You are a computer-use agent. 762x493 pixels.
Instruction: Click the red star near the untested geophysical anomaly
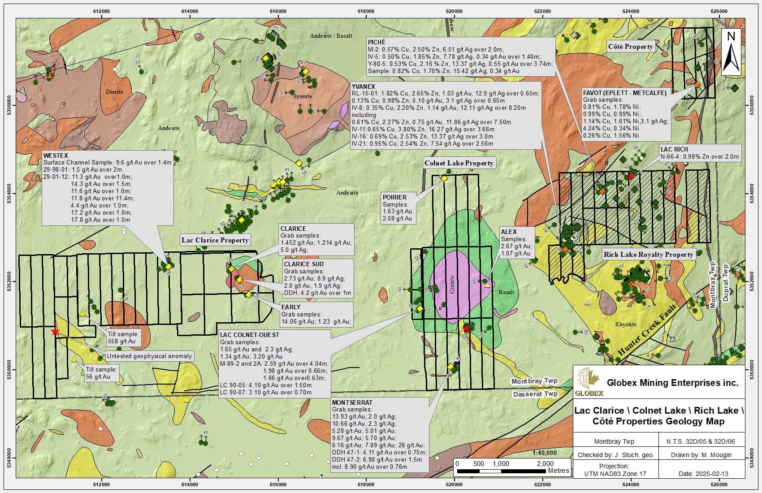pyautogui.click(x=55, y=332)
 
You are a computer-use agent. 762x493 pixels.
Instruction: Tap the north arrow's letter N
pyautogui.click(x=731, y=36)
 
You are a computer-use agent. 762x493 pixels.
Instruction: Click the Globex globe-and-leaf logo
pyautogui.click(x=588, y=381)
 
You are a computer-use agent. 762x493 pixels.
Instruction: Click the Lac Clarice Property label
pyautogui.click(x=215, y=240)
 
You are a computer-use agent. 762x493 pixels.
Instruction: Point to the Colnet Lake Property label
pyautogui.click(x=459, y=163)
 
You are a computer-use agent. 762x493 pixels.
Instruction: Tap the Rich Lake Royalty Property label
pyautogui.click(x=648, y=255)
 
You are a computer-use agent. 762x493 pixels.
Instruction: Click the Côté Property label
pyautogui.click(x=630, y=47)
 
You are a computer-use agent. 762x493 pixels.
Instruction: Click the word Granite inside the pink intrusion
pyautogui.click(x=452, y=284)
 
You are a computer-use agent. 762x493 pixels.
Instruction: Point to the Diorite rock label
pyautogui.click(x=114, y=92)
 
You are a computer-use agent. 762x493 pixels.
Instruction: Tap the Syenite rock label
pyautogui.click(x=303, y=96)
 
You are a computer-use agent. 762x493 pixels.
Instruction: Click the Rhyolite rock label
pyautogui.click(x=626, y=324)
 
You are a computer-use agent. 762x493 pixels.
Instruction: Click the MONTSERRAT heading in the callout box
pyautogui.click(x=352, y=402)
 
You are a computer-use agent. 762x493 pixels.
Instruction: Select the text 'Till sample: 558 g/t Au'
pyautogui.click(x=123, y=337)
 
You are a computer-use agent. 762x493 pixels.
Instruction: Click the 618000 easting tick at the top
pyautogui.click(x=366, y=11)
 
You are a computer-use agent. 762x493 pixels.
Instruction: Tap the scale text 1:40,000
pyautogui.click(x=545, y=453)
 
